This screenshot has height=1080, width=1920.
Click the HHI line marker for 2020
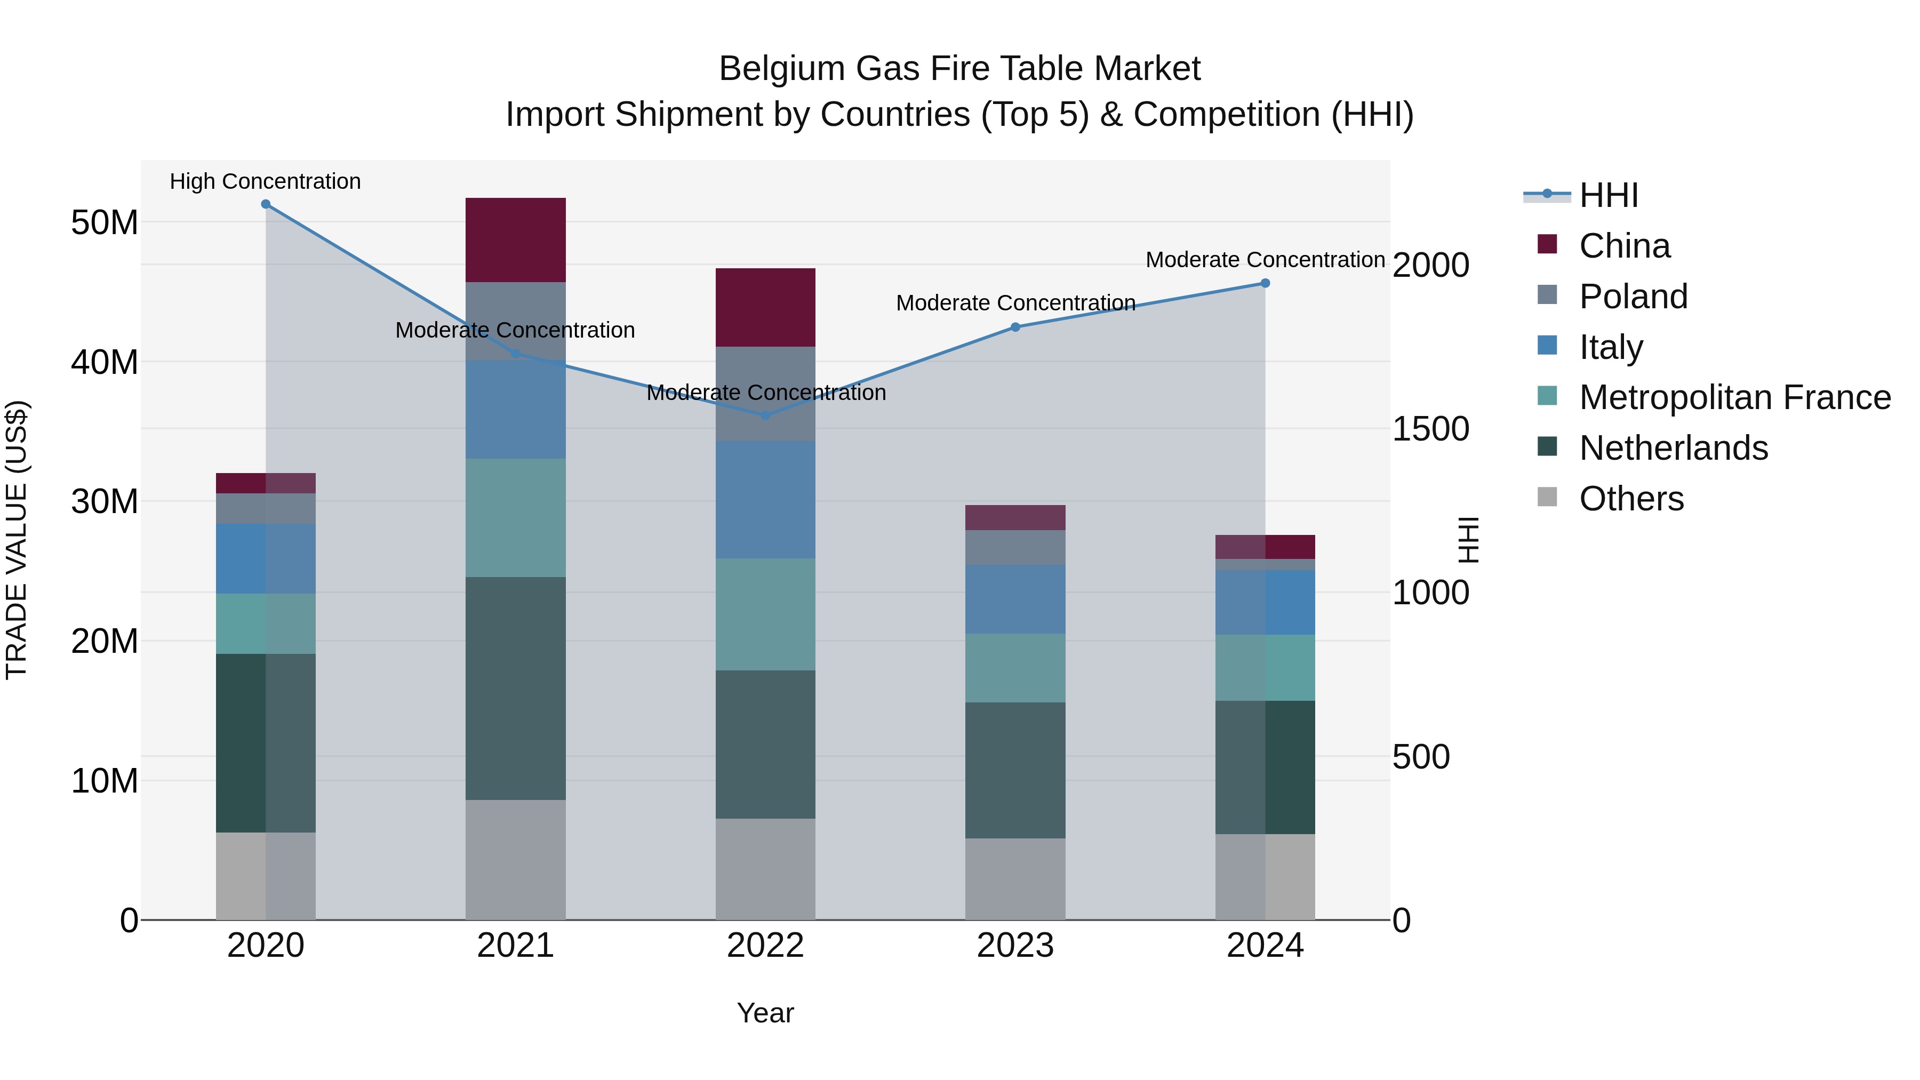[266, 204]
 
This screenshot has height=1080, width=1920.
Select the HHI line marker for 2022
[765, 415]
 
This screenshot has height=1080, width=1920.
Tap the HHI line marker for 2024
[1265, 283]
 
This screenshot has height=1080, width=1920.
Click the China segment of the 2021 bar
[515, 240]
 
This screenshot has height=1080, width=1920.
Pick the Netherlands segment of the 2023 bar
[1014, 770]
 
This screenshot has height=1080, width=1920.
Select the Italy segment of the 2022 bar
[765, 499]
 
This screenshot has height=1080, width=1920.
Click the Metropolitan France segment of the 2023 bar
[1014, 668]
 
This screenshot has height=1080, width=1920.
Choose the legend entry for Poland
[1633, 297]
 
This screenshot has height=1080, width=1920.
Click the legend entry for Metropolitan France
[1734, 397]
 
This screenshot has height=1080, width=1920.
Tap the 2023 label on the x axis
[1014, 946]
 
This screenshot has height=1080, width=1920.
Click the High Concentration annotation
[266, 181]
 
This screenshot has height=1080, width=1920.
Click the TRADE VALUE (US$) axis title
[17, 540]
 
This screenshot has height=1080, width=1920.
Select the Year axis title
[765, 1013]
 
